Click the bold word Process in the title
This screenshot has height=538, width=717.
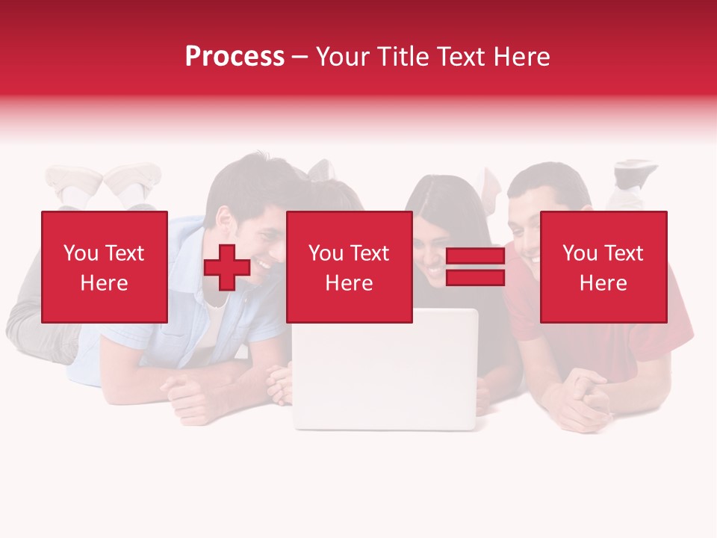point(235,57)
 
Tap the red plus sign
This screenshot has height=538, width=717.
point(227,267)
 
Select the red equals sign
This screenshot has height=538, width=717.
point(475,267)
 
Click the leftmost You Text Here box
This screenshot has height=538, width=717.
point(104,267)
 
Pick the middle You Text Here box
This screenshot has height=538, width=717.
point(349,267)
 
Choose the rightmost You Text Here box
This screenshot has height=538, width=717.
point(603,267)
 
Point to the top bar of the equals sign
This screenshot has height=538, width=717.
point(475,256)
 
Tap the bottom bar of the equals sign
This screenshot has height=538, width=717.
point(475,277)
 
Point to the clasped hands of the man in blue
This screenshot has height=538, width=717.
point(187,392)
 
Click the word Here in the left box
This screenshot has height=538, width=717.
point(104,282)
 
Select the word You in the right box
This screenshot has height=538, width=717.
point(579,253)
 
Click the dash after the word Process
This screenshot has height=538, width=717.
point(299,57)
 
